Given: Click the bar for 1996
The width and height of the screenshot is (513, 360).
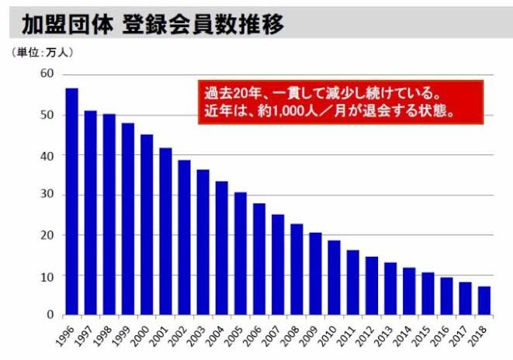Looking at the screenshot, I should click(x=71, y=202).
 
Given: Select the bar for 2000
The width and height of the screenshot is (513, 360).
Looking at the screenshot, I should click(x=147, y=225).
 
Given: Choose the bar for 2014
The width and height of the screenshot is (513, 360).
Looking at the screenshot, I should click(x=409, y=291).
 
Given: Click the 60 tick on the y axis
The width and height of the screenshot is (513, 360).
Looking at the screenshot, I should click(x=47, y=74).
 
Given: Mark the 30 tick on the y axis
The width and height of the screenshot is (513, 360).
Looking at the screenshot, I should click(x=47, y=195).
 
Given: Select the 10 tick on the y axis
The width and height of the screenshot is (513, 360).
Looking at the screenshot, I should click(x=47, y=275).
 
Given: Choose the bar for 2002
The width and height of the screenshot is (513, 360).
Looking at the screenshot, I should click(x=184, y=237).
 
